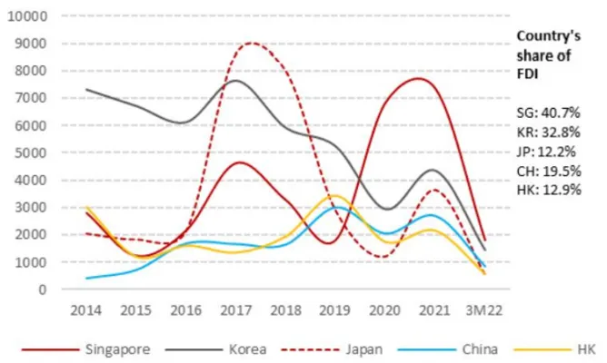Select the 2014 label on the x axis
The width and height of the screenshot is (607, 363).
coord(87,309)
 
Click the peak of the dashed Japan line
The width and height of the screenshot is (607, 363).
coord(252,43)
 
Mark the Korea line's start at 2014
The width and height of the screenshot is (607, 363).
coord(86,89)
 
